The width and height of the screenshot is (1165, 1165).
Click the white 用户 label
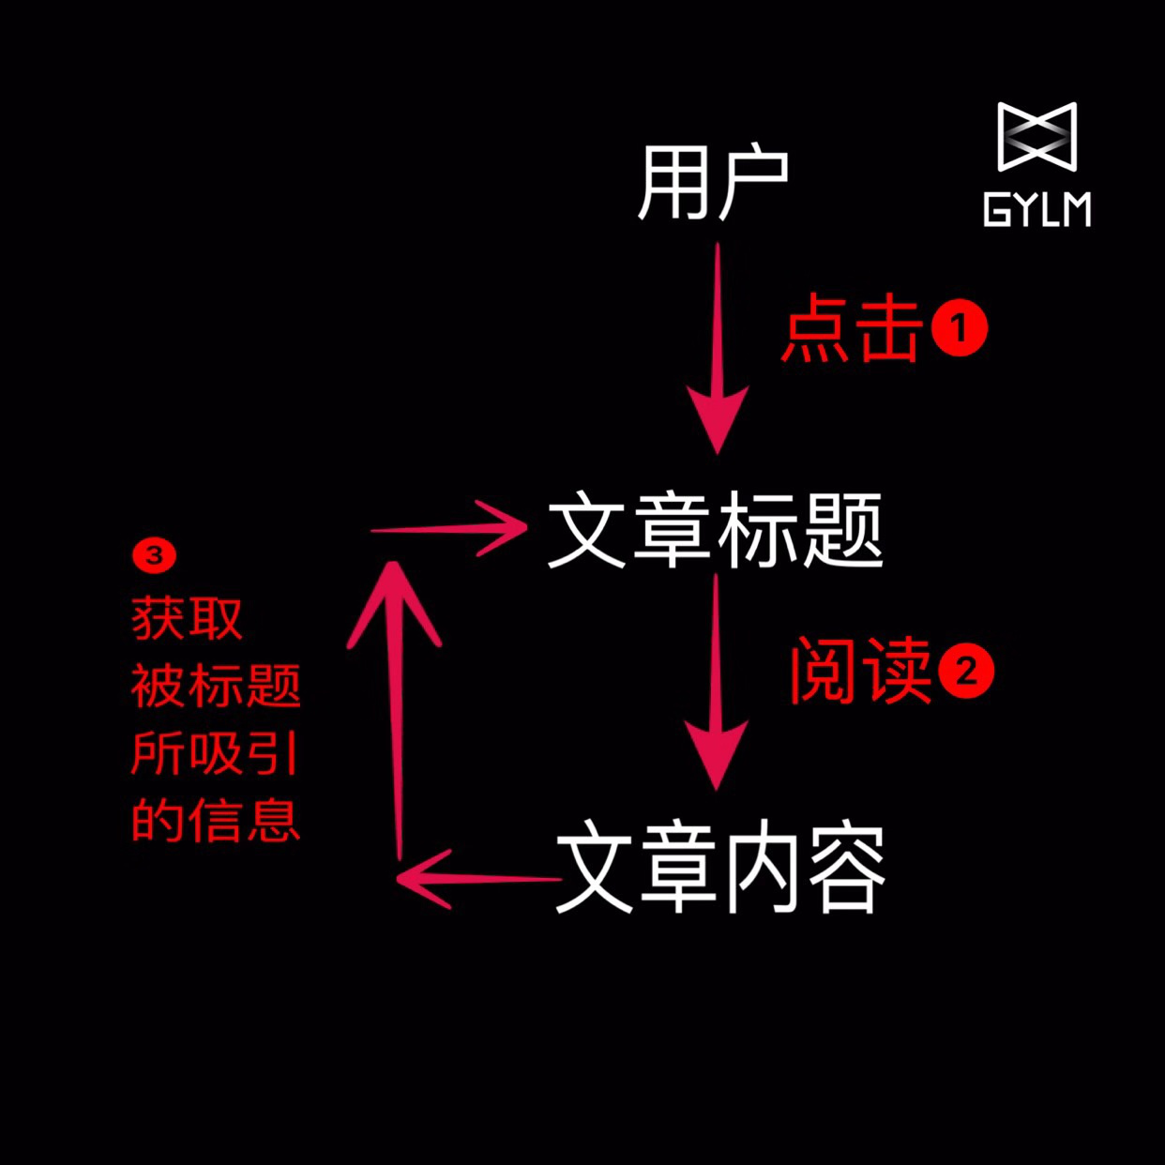[x=712, y=183]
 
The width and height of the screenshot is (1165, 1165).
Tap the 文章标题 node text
[x=715, y=531]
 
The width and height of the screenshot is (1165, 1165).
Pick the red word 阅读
[x=859, y=671]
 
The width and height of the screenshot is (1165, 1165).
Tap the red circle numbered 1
[x=959, y=328]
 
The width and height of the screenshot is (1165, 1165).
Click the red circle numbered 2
[x=966, y=672]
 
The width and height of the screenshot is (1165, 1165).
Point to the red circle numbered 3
[x=154, y=555]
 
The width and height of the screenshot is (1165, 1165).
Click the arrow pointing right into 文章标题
[x=450, y=529]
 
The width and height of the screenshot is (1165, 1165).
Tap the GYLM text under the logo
[x=1036, y=210]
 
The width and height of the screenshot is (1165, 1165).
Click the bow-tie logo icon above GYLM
[x=1036, y=137]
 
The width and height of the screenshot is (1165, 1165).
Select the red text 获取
[x=187, y=619]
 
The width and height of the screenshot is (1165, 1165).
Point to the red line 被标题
[x=215, y=687]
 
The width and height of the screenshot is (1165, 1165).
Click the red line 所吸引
[x=214, y=753]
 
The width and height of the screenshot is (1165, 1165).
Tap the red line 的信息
[x=215, y=821]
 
